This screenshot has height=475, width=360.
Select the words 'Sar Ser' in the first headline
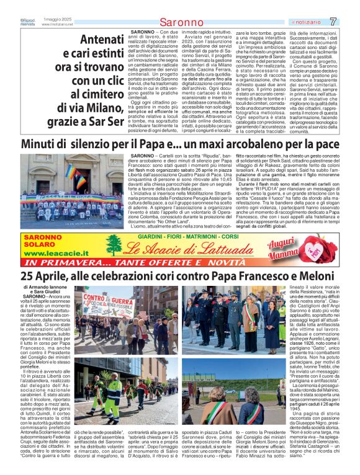point(102,122)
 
